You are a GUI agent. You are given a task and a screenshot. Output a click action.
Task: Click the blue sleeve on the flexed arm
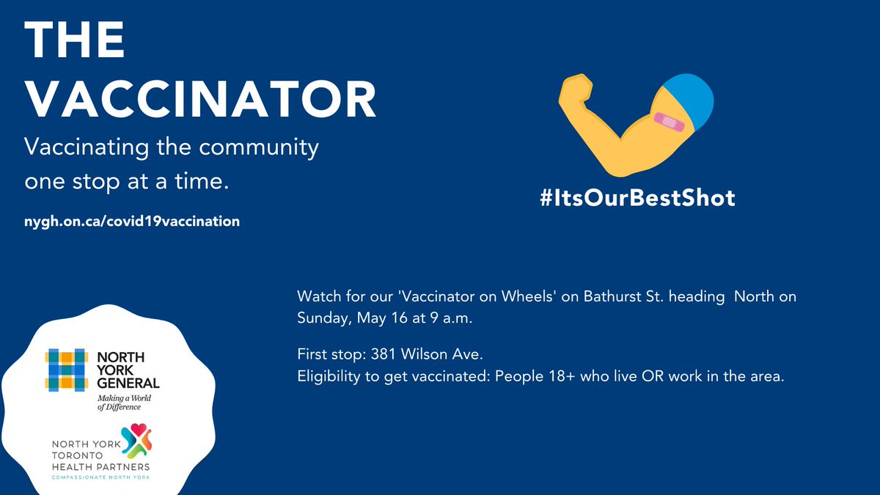click(x=689, y=102)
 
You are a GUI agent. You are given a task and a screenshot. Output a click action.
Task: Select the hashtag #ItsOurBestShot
click(x=637, y=198)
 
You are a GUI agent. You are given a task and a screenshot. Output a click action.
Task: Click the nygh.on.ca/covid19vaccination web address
click(x=133, y=221)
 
